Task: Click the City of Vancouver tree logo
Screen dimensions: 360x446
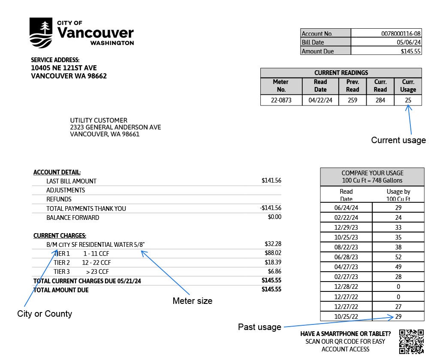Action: (42, 33)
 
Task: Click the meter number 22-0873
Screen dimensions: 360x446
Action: (281, 100)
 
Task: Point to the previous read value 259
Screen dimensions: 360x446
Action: (353, 100)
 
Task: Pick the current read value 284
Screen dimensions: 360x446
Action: (380, 100)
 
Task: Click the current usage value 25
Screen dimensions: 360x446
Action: (408, 100)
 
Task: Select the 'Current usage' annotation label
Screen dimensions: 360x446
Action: (398, 140)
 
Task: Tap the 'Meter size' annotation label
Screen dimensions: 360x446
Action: (192, 301)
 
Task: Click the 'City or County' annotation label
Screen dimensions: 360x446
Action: (45, 314)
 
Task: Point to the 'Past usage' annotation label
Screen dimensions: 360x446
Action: (259, 327)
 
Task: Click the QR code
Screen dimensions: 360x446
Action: (411, 342)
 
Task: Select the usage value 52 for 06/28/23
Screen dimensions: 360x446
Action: (398, 256)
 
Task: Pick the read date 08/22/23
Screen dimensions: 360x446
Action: (346, 247)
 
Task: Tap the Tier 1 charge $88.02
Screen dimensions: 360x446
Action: (273, 253)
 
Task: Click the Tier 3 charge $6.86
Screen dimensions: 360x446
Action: (274, 271)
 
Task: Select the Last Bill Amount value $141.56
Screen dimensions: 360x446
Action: (271, 181)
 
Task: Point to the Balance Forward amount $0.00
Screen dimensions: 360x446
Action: (274, 217)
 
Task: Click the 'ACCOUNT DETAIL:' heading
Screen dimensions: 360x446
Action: (57, 172)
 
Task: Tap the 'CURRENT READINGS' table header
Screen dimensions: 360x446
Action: (341, 73)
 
